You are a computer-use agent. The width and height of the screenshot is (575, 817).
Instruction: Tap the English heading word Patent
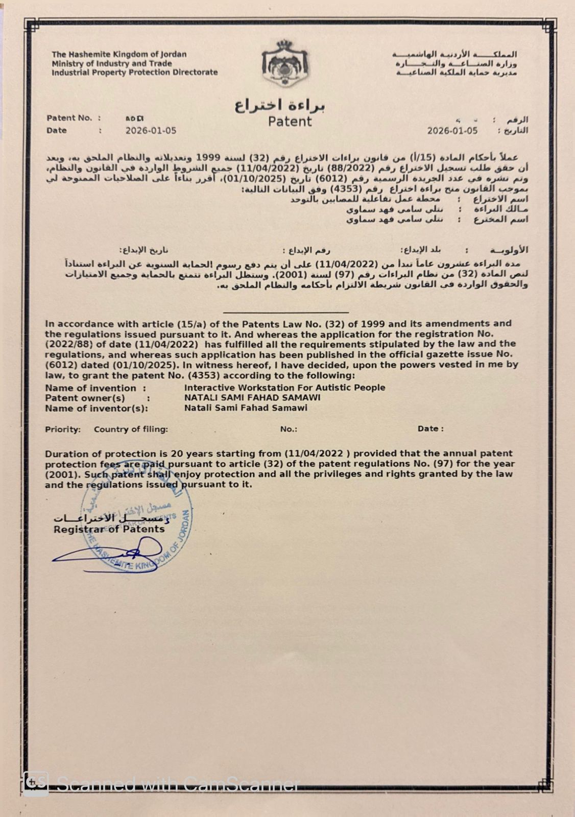coord(290,122)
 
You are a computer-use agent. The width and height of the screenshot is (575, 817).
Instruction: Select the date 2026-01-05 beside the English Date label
coord(151,131)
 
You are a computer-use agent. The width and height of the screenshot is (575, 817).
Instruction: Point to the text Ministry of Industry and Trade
coord(111,63)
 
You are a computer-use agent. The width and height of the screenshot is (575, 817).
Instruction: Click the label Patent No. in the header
coord(69,118)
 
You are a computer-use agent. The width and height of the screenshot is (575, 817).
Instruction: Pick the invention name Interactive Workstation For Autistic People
coord(284,388)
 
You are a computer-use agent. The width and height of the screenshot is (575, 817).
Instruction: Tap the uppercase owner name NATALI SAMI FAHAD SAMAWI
coord(252,397)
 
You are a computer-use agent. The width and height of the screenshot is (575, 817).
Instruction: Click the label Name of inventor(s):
coord(96,408)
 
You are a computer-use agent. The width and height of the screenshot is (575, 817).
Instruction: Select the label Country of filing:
coord(131,429)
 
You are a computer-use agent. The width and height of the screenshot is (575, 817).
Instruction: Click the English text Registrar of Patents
coord(109,529)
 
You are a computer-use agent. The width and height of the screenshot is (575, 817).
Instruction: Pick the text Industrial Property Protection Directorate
coord(134,73)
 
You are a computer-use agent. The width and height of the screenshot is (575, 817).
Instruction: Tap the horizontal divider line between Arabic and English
coord(286,311)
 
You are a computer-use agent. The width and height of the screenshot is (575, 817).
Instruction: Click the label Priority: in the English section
coord(63,429)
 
